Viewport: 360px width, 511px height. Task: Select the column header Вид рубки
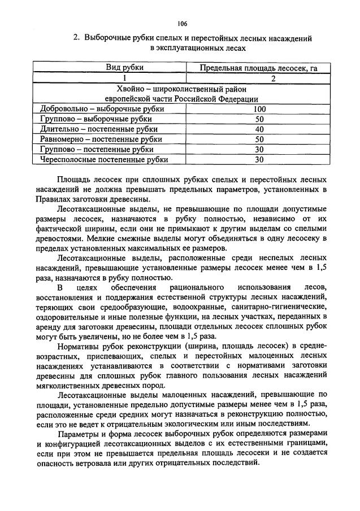[x=125, y=68]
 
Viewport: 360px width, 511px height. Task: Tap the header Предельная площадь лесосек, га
[x=258, y=68]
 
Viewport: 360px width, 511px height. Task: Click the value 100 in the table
[x=259, y=109]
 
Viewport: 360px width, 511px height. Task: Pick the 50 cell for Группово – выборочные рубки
[x=259, y=119]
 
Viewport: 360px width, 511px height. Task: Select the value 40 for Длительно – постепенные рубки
[x=259, y=129]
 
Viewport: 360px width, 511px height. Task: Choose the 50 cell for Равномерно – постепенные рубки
[x=259, y=139]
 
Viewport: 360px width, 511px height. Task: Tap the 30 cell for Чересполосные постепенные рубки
[x=259, y=159]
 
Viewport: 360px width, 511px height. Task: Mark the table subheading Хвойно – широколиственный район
[x=181, y=89]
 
